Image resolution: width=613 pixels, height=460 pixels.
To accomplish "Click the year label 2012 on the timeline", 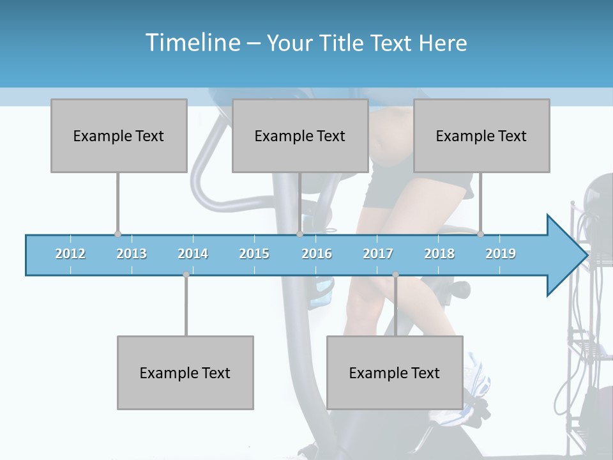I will [x=70, y=254].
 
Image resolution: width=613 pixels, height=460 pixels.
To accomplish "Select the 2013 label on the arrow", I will [x=132, y=254].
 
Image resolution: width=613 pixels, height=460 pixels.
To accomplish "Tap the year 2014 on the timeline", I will [x=193, y=254].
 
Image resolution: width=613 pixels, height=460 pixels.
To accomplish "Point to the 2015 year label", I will [x=254, y=254].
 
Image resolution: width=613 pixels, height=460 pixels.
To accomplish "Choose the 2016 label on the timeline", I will [x=317, y=254].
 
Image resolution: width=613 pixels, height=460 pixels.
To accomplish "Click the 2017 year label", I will [x=378, y=254].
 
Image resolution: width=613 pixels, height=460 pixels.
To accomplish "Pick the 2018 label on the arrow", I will [x=439, y=254].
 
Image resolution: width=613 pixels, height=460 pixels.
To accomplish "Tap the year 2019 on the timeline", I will [x=501, y=254].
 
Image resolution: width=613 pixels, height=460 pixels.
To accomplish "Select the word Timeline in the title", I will [x=192, y=43].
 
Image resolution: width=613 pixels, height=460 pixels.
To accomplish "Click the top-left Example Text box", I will [x=119, y=135].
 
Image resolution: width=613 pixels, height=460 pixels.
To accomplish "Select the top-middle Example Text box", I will [x=300, y=135].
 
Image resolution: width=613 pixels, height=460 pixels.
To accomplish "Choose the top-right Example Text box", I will [x=481, y=135].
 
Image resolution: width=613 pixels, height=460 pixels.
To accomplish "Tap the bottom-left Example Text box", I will [x=185, y=372].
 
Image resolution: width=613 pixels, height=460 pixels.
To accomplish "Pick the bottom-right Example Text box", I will [x=395, y=372].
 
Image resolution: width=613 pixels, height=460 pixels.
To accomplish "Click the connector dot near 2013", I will [x=117, y=234].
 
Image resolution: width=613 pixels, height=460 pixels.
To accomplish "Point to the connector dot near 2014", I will [x=186, y=274].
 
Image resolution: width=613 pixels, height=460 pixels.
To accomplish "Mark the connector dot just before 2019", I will [x=480, y=234].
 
